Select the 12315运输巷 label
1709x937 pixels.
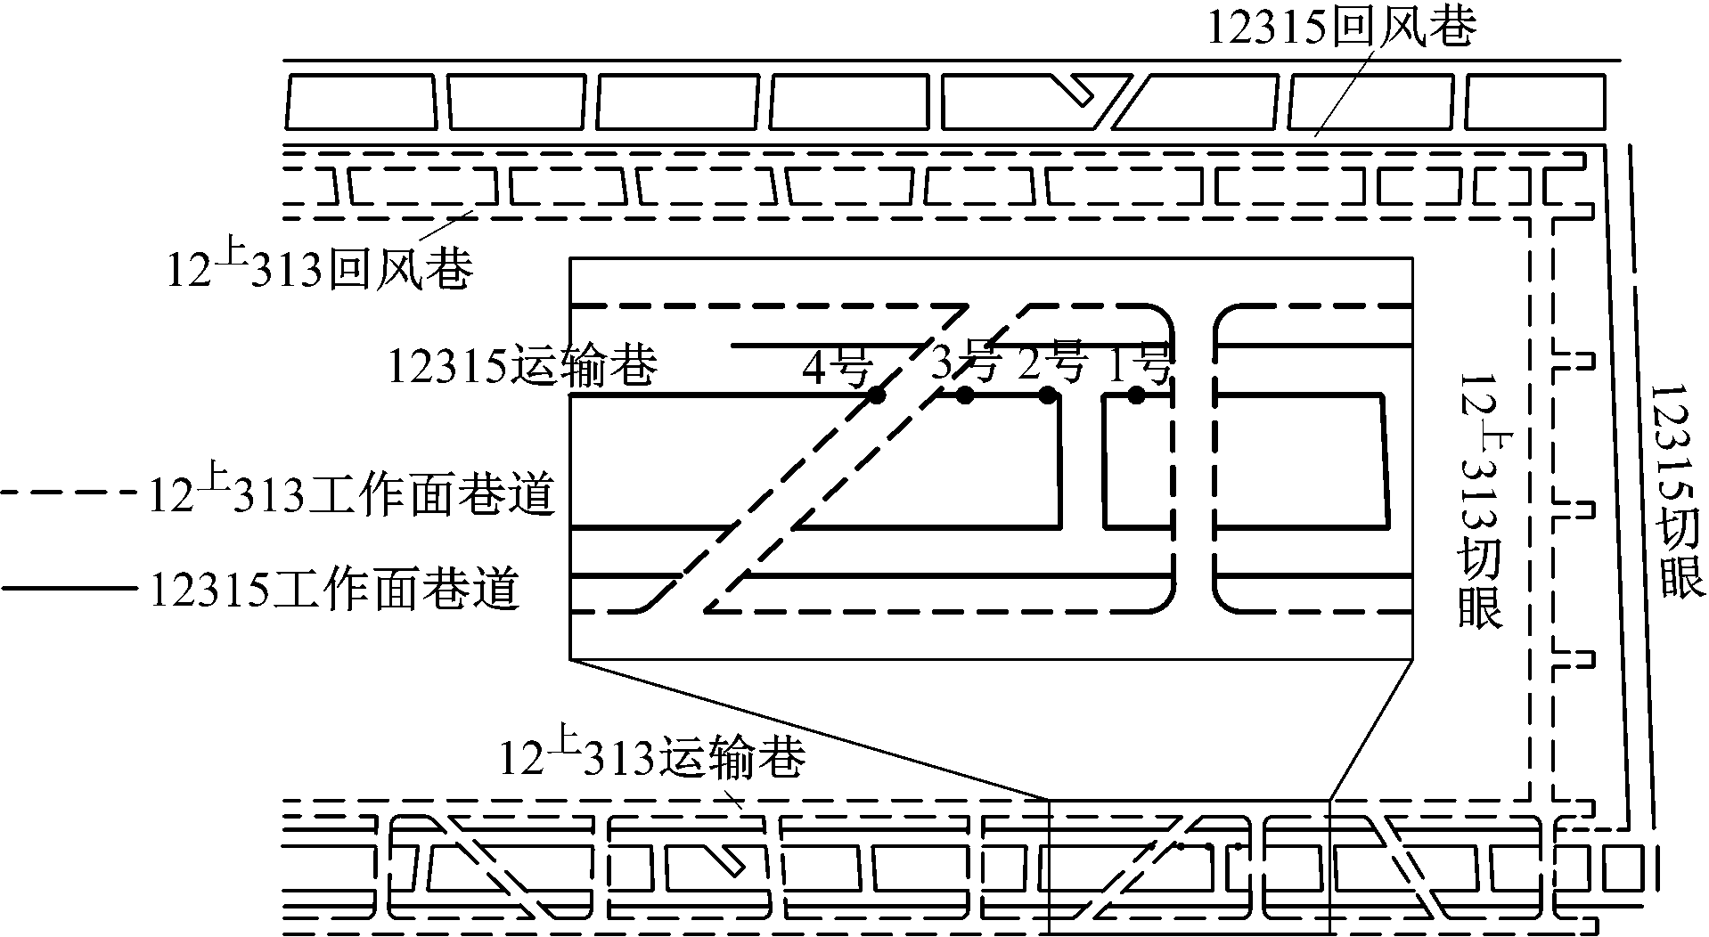[x=523, y=365]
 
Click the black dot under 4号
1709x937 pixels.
[x=877, y=395]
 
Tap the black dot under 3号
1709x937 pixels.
[x=964, y=395]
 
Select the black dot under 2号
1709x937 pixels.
[x=1048, y=394]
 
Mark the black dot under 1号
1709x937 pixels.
[x=1135, y=394]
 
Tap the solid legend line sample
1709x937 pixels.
[x=70, y=588]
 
